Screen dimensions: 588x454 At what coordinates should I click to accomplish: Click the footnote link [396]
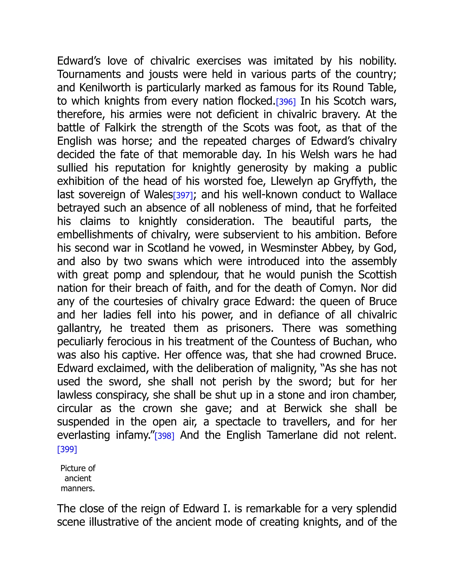pos(286,102)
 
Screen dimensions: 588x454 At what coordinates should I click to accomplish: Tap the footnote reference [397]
pos(183,195)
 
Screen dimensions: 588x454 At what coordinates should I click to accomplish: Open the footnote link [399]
pos(67,449)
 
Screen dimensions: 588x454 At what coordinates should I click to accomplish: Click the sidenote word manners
pos(78,488)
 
